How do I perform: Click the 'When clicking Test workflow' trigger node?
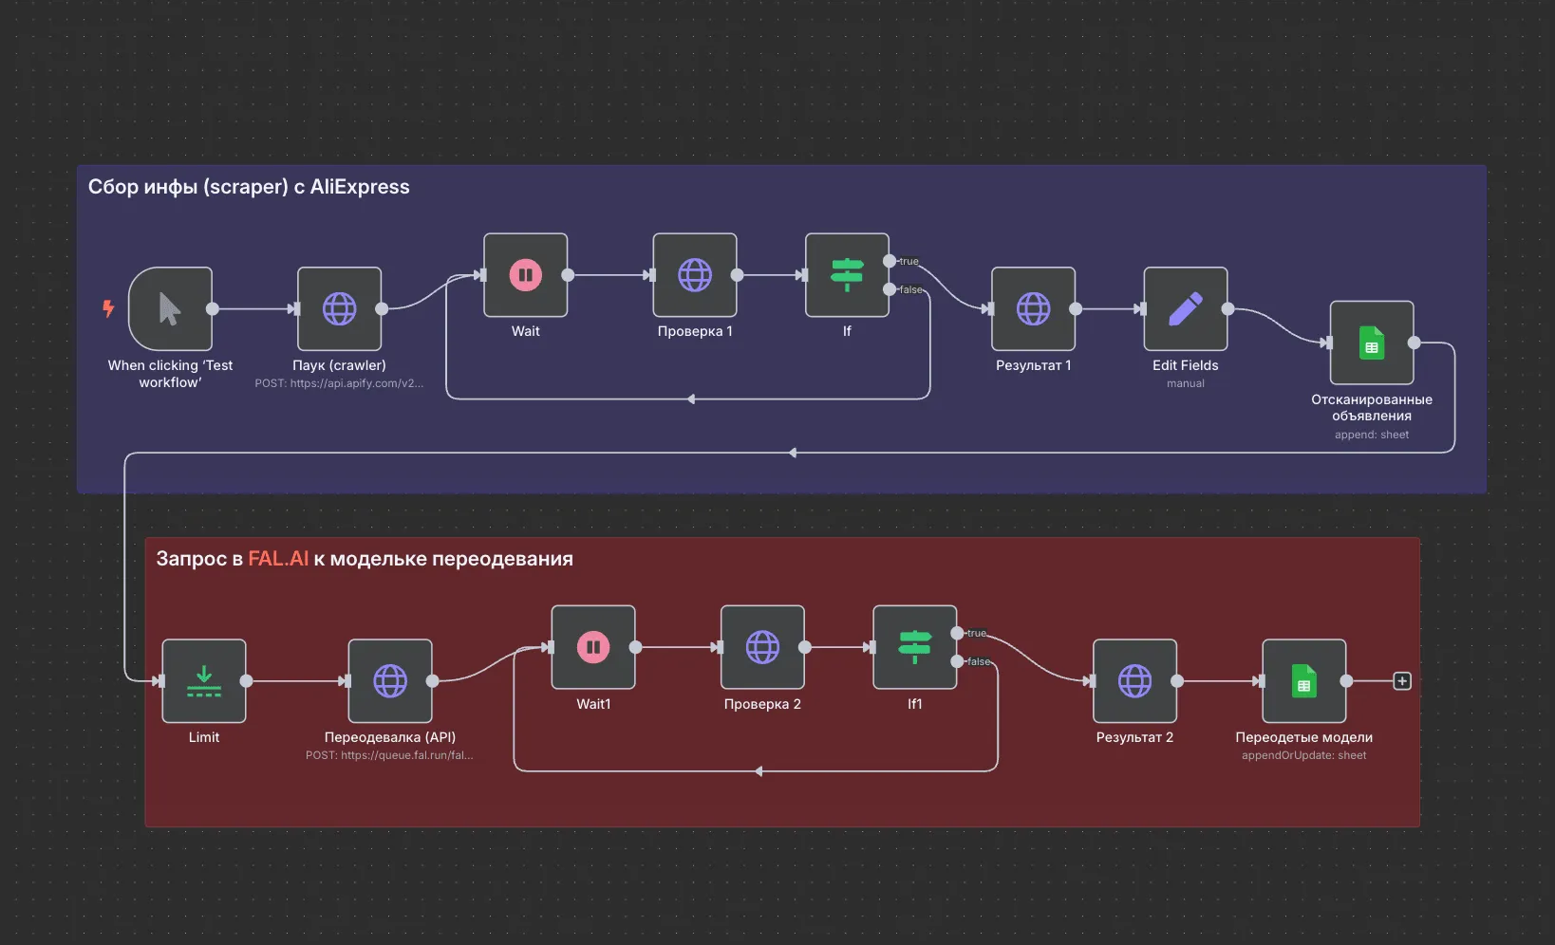[170, 309]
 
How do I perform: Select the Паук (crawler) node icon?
[339, 309]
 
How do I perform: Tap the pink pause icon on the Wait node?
[525, 275]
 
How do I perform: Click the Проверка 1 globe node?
[695, 275]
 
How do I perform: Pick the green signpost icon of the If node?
[847, 275]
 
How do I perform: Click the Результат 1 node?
[1033, 309]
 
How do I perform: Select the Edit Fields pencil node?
[1185, 309]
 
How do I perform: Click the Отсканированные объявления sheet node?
[1372, 343]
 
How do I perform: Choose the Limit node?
[204, 681]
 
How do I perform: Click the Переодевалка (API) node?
[390, 681]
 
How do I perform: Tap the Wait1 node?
[593, 648]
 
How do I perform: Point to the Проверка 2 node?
[762, 648]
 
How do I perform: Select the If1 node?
[914, 648]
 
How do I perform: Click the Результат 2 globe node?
[1134, 681]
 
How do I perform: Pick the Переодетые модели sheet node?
[1303, 681]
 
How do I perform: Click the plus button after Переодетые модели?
[1402, 681]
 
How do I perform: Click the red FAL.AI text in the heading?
[278, 559]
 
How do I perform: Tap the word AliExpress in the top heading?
[360, 187]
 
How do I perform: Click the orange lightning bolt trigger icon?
[108, 308]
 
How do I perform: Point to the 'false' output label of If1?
[979, 662]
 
